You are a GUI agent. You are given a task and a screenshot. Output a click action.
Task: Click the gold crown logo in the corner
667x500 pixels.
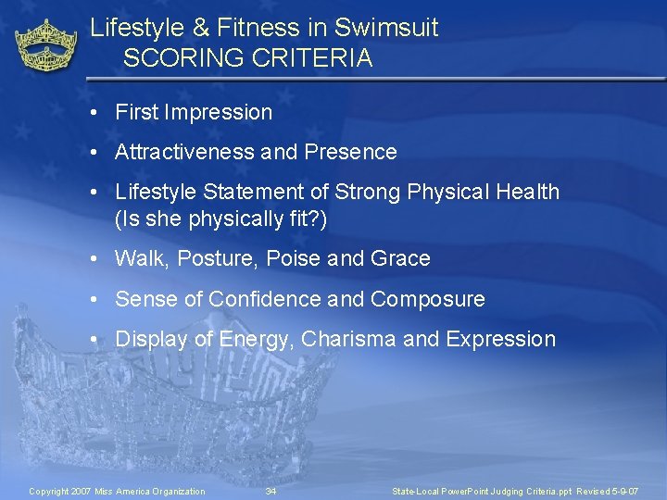[46, 45]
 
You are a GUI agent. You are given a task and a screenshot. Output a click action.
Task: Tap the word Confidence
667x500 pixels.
[265, 299]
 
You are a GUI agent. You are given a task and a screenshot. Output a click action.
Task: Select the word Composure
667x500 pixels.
[427, 299]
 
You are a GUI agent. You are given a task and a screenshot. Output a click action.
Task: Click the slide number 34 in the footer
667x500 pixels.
[271, 491]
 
